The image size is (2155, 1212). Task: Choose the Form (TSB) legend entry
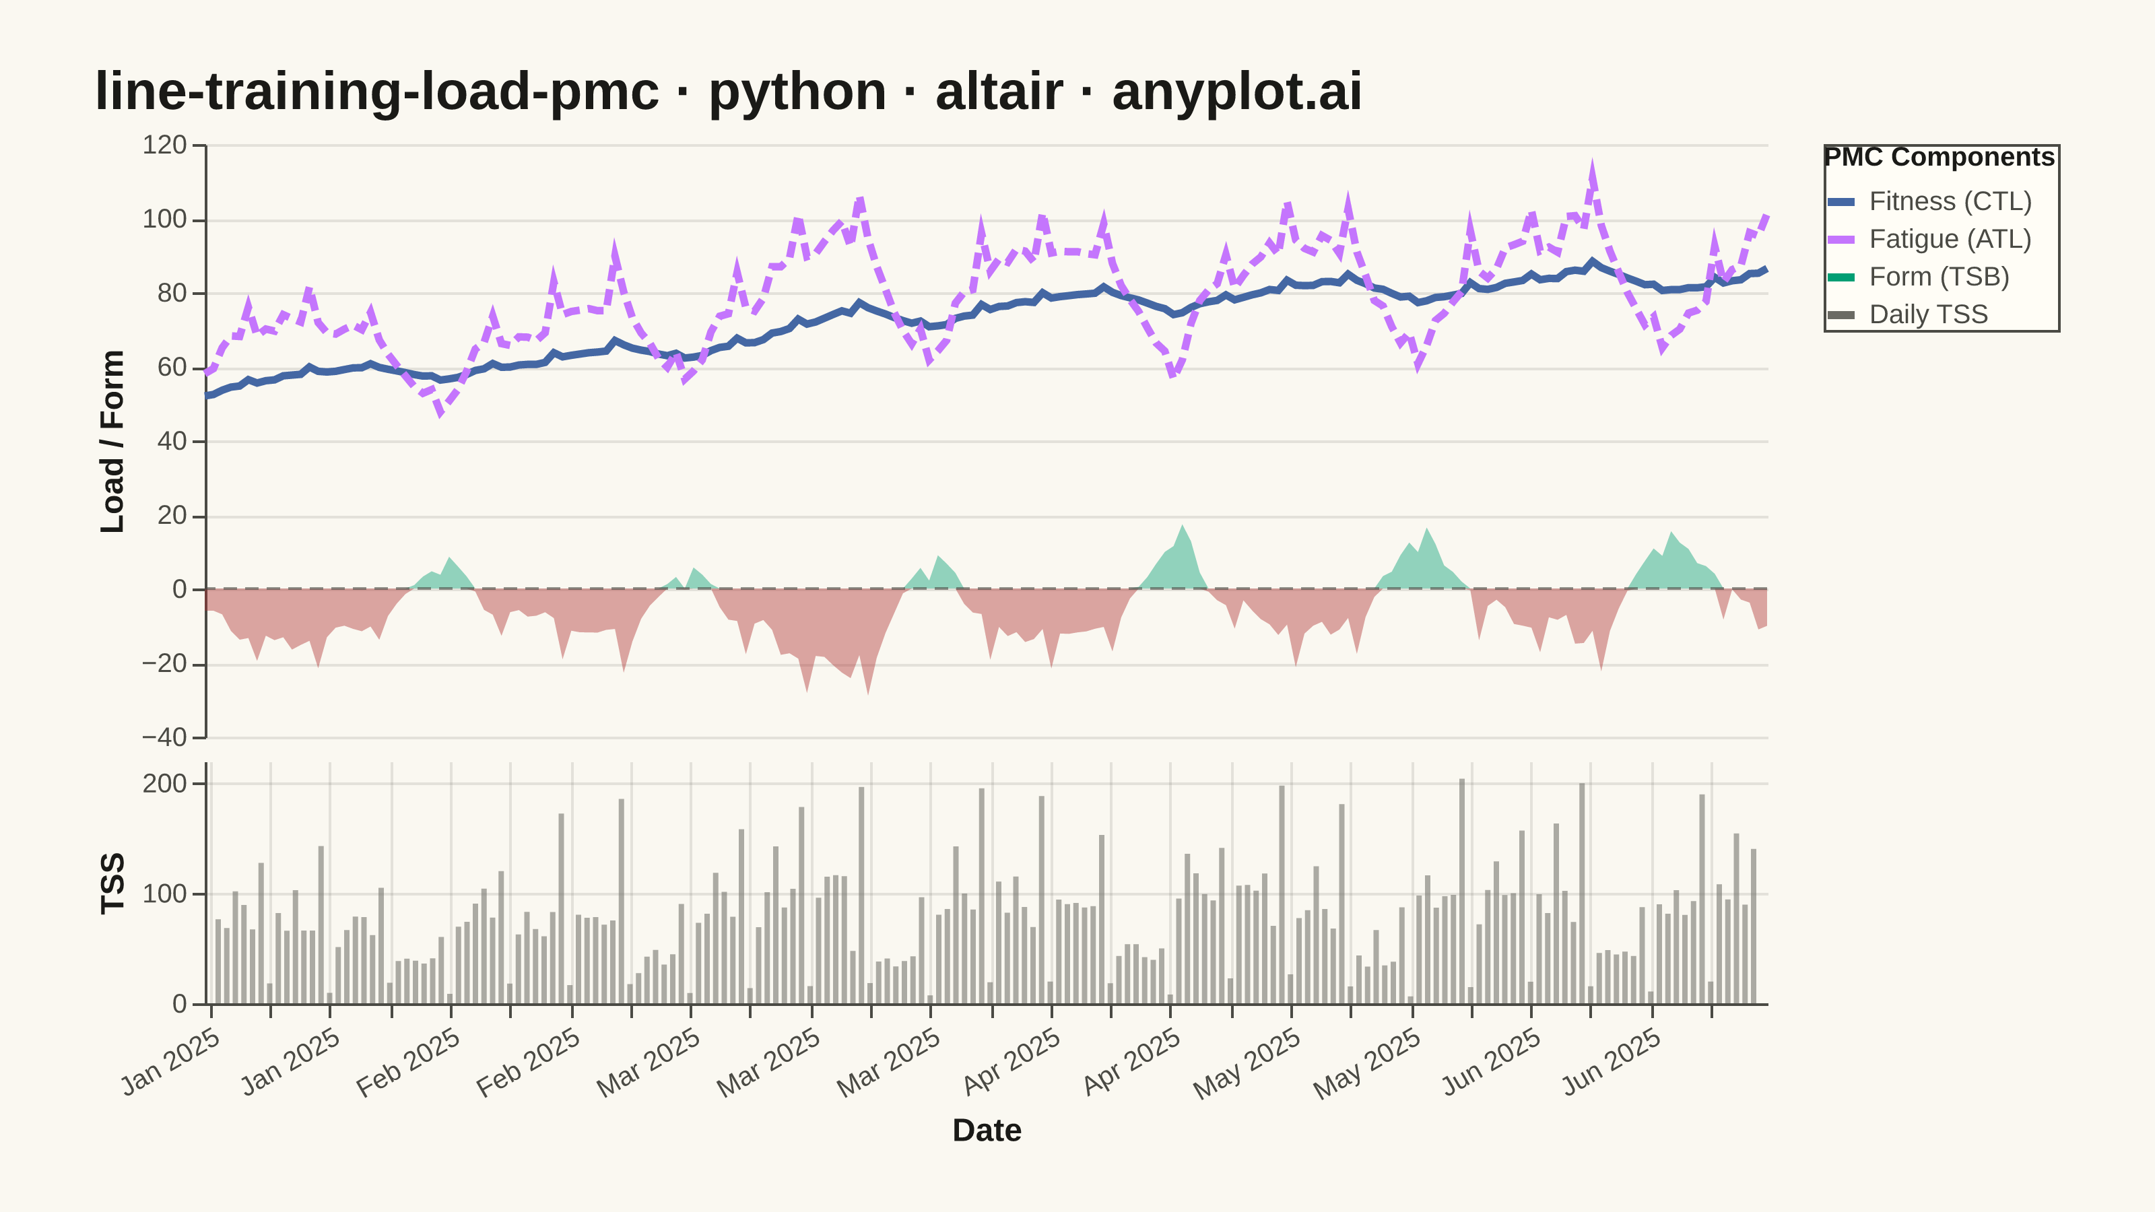click(1918, 277)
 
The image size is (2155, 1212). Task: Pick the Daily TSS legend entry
click(1907, 314)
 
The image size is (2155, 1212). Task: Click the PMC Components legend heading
click(1939, 158)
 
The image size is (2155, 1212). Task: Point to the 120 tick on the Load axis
click(165, 145)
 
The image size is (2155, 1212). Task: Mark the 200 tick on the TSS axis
click(165, 784)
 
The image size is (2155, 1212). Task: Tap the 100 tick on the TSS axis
click(165, 894)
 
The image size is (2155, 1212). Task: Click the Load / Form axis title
click(112, 442)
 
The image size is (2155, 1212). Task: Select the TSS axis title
click(112, 883)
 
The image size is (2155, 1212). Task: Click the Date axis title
click(987, 1130)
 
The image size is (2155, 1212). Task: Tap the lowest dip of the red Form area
click(867, 694)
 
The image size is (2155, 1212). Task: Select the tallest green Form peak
click(1182, 526)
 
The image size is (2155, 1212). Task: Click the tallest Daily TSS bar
click(1461, 891)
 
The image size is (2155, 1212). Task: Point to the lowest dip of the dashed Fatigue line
click(440, 411)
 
